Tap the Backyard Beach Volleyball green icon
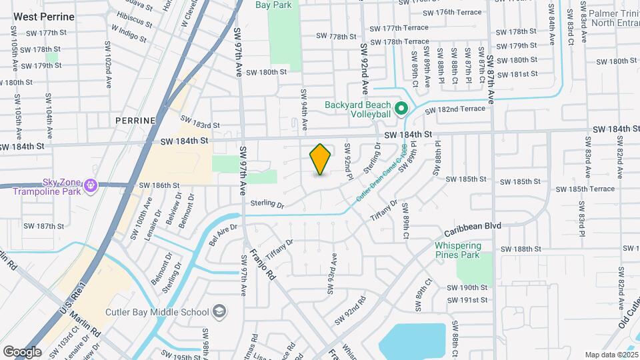pos(401,108)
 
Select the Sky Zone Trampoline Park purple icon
pos(91,185)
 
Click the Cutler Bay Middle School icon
pos(219,311)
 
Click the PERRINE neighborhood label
pos(135,121)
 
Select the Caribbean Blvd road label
pos(473,227)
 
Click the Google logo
pos(22,351)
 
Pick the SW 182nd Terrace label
pos(455,109)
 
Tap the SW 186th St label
pos(159,185)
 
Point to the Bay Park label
pos(273,5)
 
